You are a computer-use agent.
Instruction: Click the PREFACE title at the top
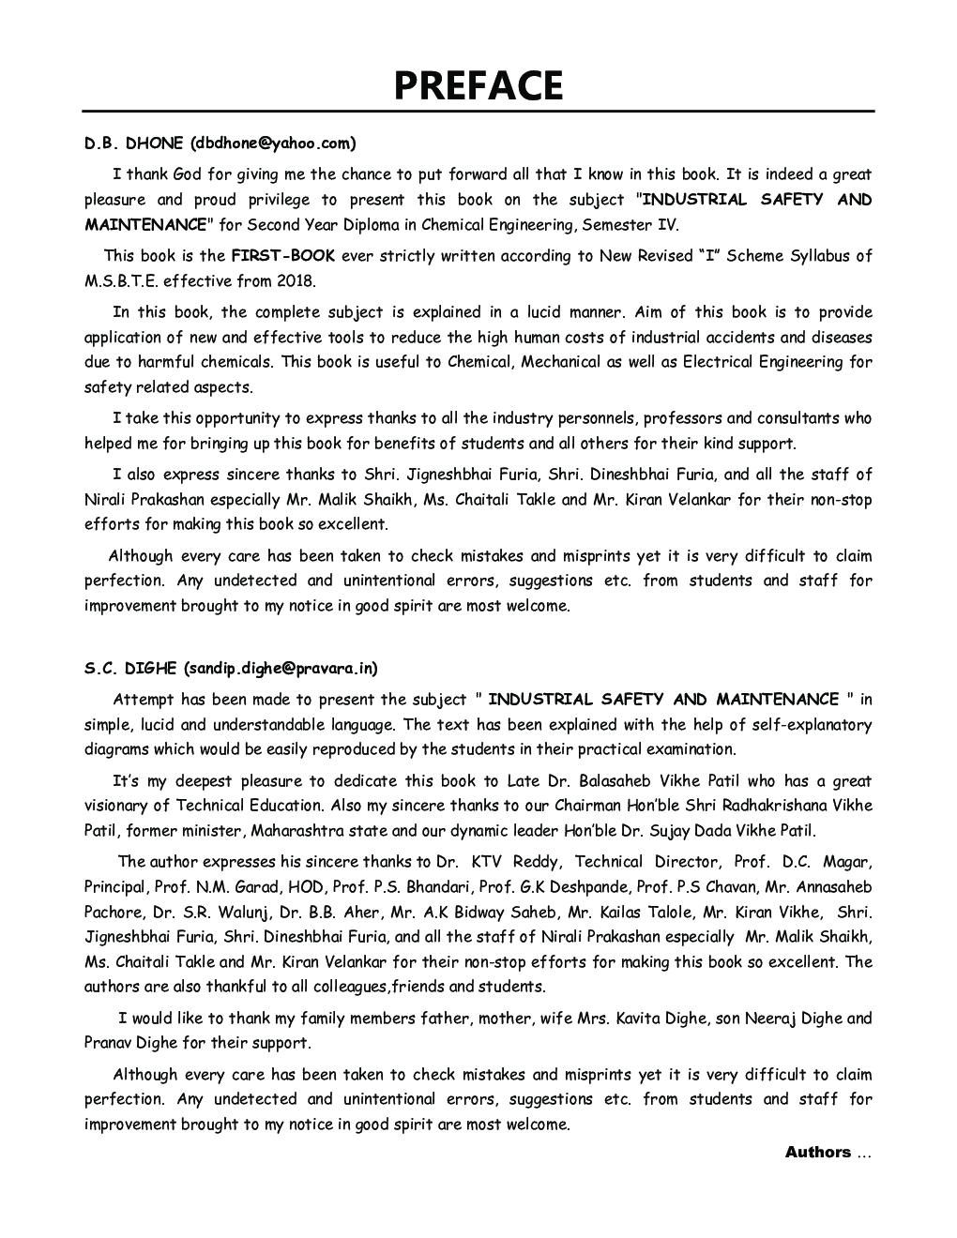[x=478, y=85]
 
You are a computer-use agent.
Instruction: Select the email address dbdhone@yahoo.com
[x=273, y=143]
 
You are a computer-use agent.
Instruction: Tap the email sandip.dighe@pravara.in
[x=281, y=669]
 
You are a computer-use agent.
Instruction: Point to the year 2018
[x=296, y=280]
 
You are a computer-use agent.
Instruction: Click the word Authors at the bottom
[x=817, y=1152]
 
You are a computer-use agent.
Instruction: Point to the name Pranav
[x=107, y=1042]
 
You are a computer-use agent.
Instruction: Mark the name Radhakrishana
[x=764, y=805]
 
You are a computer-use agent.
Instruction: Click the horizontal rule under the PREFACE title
[x=478, y=112]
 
